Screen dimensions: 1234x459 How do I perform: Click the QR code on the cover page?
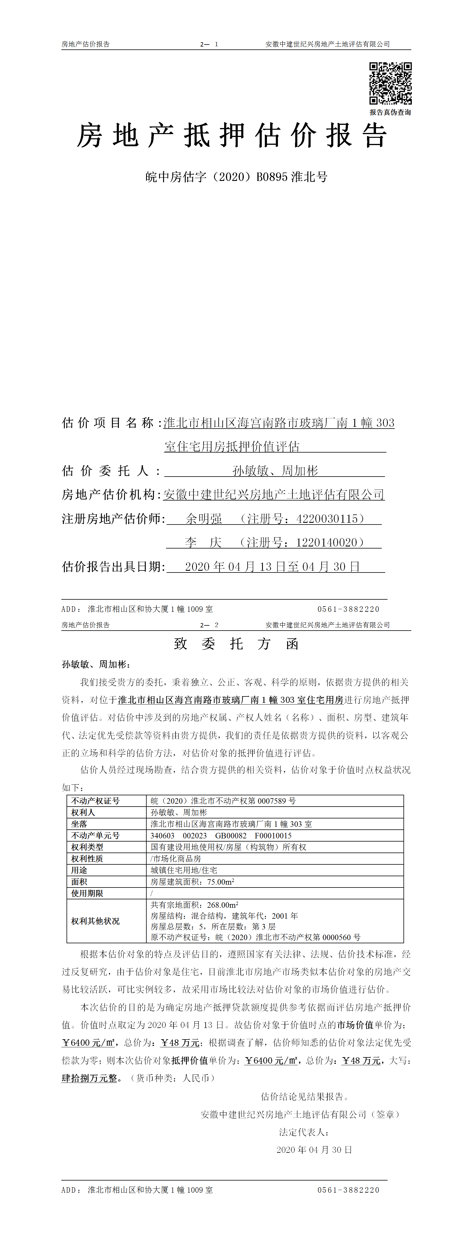[x=390, y=83]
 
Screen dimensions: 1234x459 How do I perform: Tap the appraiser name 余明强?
[x=204, y=519]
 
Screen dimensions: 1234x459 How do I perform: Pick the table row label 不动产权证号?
[x=95, y=801]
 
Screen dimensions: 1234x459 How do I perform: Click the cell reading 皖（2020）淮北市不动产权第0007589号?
[x=223, y=801]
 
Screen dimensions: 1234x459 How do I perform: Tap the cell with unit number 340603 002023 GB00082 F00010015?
[x=221, y=835]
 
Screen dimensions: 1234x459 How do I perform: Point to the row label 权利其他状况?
[x=95, y=921]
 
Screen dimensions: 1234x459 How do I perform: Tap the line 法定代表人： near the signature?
[x=304, y=1133]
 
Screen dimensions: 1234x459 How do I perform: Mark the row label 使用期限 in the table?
[x=87, y=893]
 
